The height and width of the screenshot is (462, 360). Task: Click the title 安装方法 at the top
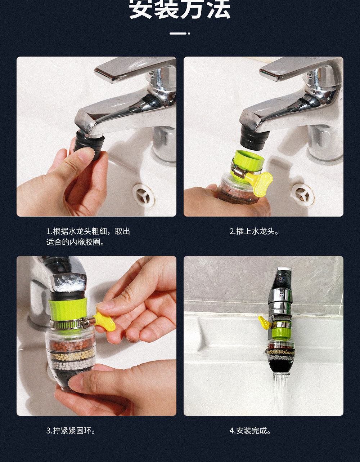click(180, 10)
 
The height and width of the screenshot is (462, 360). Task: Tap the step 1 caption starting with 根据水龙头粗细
click(88, 237)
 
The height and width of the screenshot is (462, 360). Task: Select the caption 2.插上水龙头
click(254, 231)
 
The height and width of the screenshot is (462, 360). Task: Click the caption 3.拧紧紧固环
click(71, 431)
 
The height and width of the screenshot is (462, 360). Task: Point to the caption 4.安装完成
click(250, 431)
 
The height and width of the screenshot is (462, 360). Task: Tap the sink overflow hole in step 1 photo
click(144, 195)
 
